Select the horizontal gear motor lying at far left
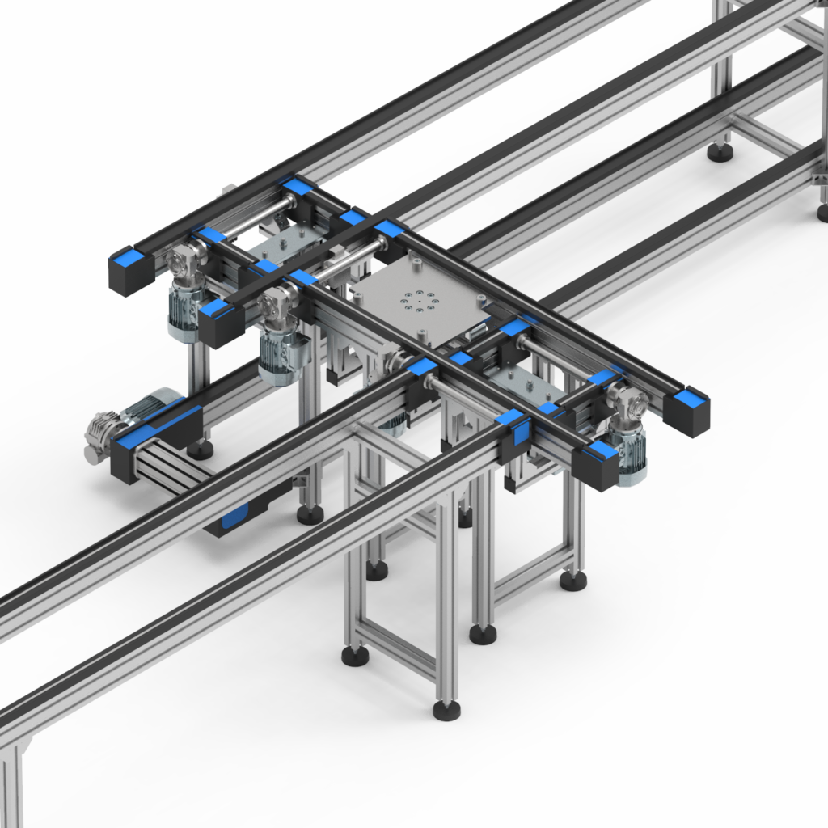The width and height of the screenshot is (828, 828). pyautogui.click(x=129, y=420)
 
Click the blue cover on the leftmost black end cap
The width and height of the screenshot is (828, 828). pyautogui.click(x=129, y=257)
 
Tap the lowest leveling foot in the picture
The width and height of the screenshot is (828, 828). pyautogui.click(x=446, y=710)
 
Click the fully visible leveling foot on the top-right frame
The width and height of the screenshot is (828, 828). pyautogui.click(x=720, y=151)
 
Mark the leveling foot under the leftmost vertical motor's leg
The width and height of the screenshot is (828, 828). pyautogui.click(x=200, y=450)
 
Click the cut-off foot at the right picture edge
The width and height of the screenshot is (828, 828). pyautogui.click(x=823, y=212)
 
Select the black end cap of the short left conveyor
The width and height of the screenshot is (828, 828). pyautogui.click(x=129, y=453)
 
